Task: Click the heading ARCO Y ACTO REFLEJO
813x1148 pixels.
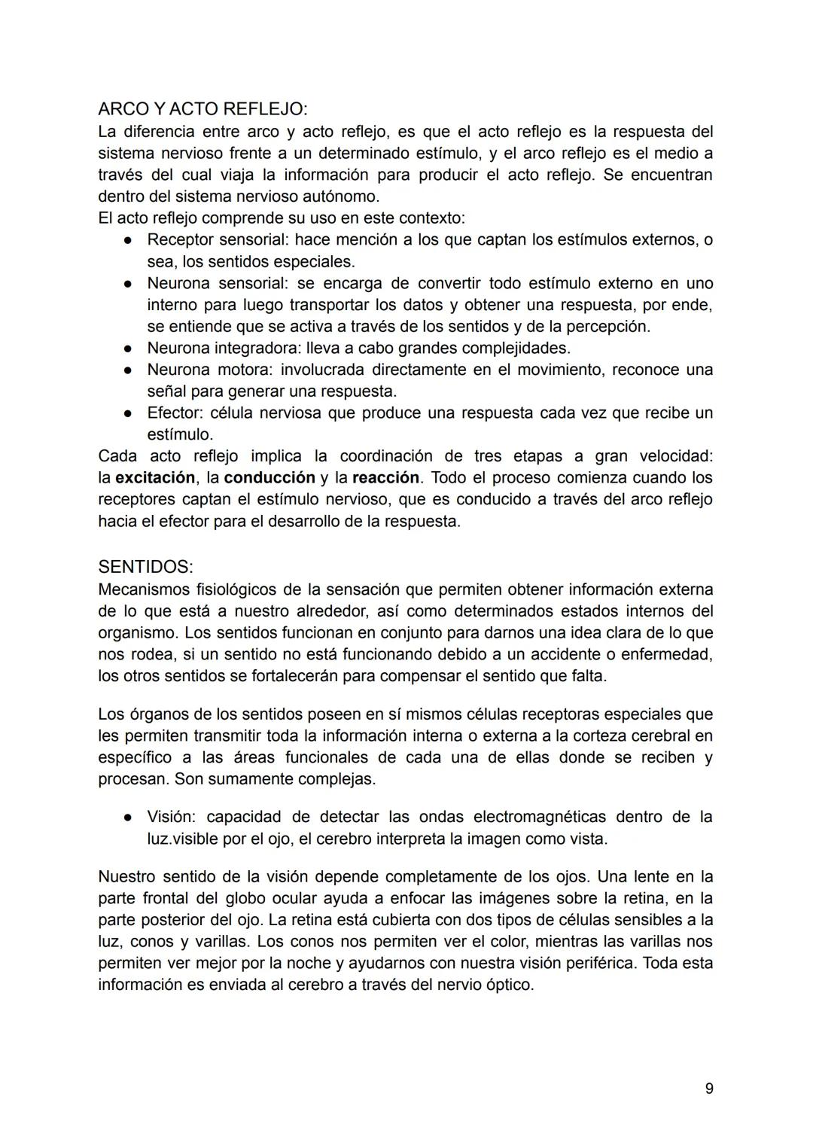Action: click(x=202, y=109)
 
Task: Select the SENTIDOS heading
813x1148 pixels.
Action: click(x=145, y=567)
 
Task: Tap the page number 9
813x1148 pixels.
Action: click(x=709, y=1089)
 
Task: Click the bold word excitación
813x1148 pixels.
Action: click(x=155, y=478)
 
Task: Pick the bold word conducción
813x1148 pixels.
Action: click(x=269, y=478)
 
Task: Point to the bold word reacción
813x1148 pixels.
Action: click(x=385, y=478)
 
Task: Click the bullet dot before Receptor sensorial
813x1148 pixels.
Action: click(x=129, y=240)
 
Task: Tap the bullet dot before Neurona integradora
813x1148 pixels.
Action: click(x=129, y=349)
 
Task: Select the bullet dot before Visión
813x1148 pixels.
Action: click(x=129, y=818)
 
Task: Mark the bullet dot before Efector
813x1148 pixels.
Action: click(x=129, y=413)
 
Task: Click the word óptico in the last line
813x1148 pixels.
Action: click(x=507, y=985)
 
